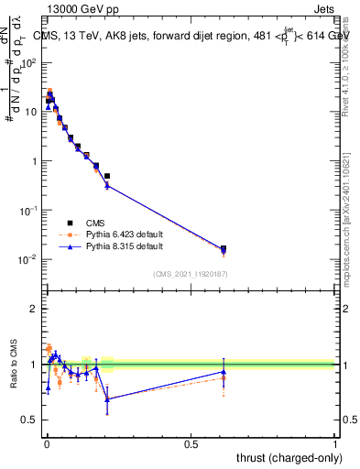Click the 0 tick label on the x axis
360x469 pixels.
(x=46, y=444)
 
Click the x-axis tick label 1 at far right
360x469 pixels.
(x=335, y=444)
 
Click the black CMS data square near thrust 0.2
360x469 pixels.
(x=107, y=176)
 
